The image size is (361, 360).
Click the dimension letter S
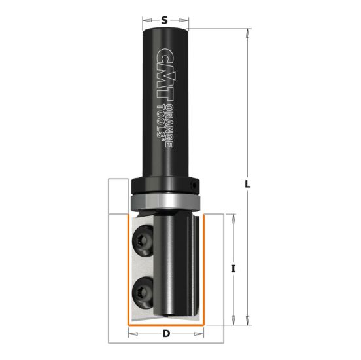tap(166, 20)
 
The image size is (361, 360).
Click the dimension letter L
tap(248, 184)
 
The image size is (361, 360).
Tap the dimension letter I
tap(233, 269)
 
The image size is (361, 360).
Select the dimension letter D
tap(166, 334)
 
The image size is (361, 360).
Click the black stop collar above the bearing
tap(163, 185)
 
